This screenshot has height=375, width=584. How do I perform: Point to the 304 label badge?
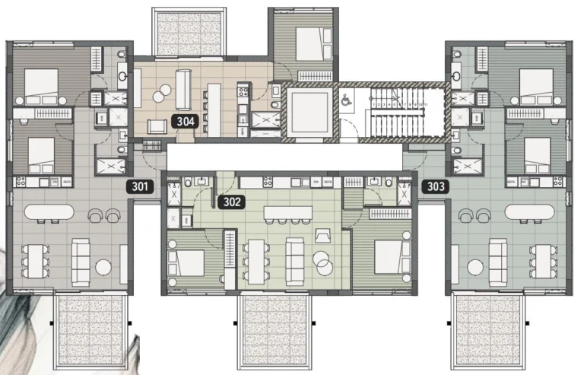[186, 120]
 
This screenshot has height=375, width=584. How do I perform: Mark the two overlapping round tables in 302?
[323, 263]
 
